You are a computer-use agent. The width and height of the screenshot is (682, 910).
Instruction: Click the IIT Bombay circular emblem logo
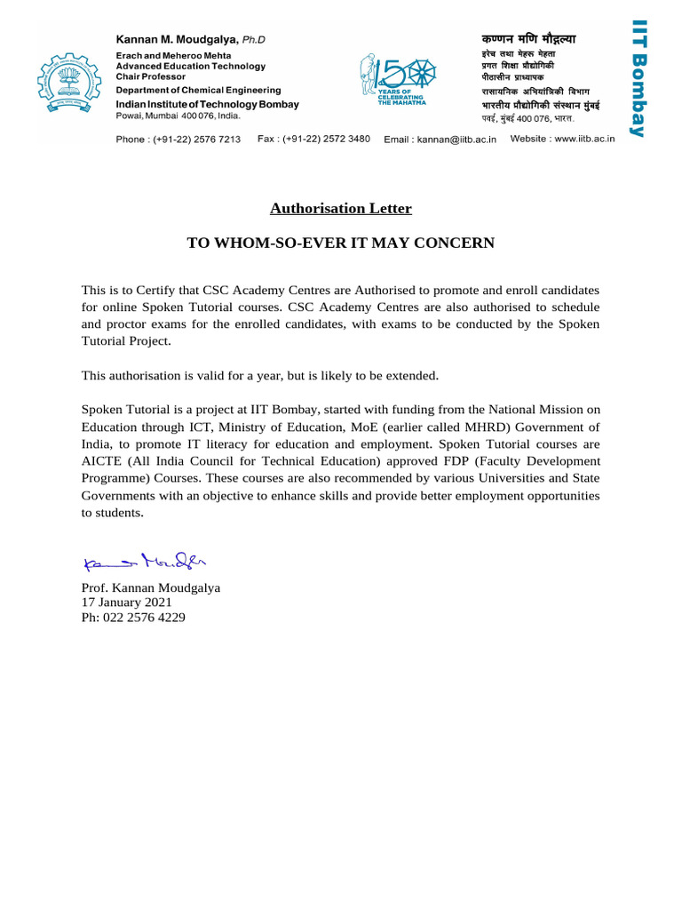point(70,85)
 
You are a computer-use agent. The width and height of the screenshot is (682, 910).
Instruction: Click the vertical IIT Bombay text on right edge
point(636,79)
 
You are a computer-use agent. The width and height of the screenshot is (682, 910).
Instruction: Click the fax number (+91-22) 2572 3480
point(313,139)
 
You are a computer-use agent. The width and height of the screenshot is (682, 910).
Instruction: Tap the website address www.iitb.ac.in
point(563,139)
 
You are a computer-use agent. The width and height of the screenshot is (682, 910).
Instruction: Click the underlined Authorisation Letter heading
point(341,209)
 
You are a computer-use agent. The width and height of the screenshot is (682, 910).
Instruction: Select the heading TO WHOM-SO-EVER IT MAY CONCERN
point(340,243)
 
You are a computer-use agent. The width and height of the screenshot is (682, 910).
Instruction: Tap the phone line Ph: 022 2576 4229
point(133,617)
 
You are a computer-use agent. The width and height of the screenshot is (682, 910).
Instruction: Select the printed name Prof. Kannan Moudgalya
point(151,588)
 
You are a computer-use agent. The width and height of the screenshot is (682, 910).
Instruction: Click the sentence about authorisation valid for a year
point(260,376)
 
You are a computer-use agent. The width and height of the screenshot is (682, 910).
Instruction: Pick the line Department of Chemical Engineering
point(199,91)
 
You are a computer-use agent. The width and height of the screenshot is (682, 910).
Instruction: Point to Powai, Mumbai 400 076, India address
point(178,116)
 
